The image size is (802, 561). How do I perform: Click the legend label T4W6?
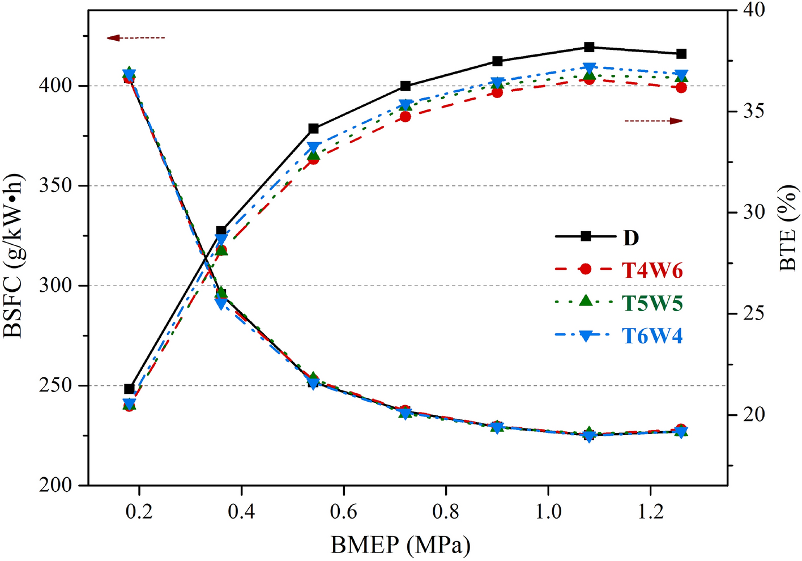click(652, 270)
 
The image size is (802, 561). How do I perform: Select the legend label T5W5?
click(652, 303)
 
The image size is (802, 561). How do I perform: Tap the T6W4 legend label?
click(652, 336)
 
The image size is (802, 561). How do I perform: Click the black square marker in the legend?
click(586, 236)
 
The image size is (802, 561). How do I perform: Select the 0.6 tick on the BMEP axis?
click(344, 511)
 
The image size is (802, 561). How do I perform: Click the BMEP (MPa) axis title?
click(401, 545)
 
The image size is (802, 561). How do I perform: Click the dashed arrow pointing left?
click(136, 38)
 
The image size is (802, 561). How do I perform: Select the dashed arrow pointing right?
click(654, 121)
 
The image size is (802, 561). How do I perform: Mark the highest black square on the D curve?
click(589, 47)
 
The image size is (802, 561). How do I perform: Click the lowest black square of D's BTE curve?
click(129, 389)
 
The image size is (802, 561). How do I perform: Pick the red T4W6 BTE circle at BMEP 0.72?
click(405, 117)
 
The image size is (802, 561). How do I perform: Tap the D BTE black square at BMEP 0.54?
click(313, 129)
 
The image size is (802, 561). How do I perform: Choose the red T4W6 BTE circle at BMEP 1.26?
click(681, 88)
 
